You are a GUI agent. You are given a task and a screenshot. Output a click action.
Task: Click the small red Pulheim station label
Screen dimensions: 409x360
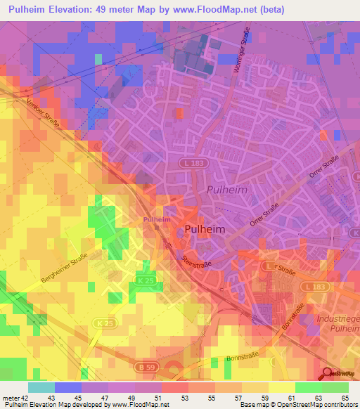coord(157,220)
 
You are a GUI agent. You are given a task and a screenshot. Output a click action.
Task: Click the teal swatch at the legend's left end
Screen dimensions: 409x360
coord(41,387)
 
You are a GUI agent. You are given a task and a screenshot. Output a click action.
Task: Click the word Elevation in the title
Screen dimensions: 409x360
coord(82,10)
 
